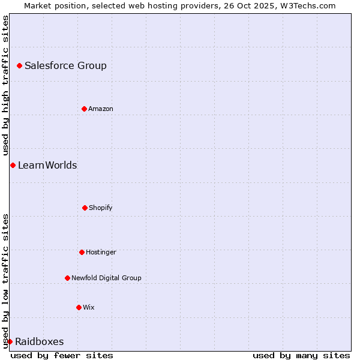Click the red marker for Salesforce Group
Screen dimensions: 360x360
coord(19,65)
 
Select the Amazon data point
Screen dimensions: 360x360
coord(84,109)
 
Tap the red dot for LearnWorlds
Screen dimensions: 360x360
coord(13,165)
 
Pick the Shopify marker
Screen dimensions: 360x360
coord(85,208)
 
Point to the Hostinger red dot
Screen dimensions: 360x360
coord(82,252)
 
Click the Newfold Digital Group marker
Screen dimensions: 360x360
coord(67,278)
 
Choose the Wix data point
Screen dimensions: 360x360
coord(79,307)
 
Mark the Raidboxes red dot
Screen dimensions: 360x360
coord(10,341)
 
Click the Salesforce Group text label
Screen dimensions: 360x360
coord(65,66)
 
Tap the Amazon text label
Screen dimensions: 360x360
coord(101,109)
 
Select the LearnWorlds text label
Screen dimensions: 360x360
coord(47,166)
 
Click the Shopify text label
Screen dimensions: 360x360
coord(101,208)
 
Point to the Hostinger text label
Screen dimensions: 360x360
coord(101,253)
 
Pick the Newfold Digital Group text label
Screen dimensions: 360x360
coord(106,278)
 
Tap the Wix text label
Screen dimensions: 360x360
coord(89,308)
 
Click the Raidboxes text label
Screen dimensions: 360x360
coord(39,342)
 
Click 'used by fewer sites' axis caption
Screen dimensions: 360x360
coord(62,355)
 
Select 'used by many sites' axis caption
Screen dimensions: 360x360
coord(301,355)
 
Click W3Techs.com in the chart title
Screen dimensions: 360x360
coord(308,5)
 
